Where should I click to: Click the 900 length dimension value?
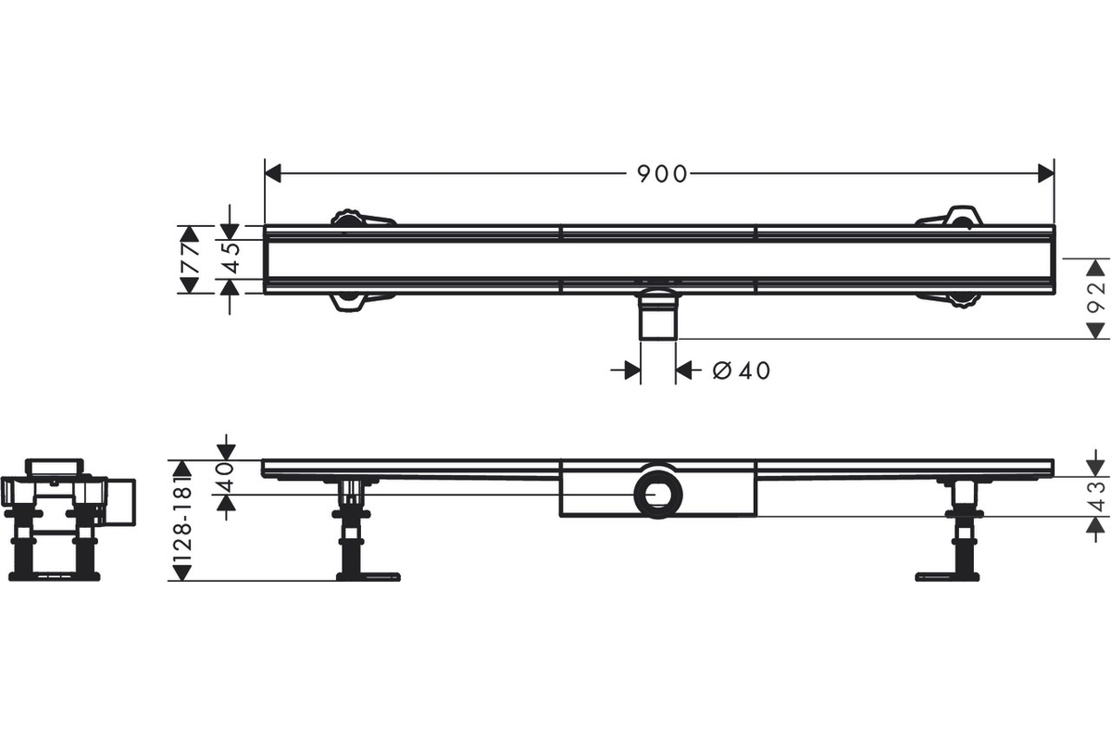click(x=662, y=174)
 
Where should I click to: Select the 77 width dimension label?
click(x=191, y=258)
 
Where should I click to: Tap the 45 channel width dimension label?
click(x=231, y=258)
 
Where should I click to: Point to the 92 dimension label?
click(x=1095, y=298)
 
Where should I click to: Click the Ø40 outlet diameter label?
click(x=742, y=370)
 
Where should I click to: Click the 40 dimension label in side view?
click(x=226, y=477)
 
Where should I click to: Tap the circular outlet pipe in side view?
click(x=658, y=495)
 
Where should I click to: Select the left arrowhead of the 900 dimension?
click(x=273, y=174)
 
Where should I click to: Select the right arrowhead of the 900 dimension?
click(x=1046, y=174)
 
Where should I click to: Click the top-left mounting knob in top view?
click(x=347, y=218)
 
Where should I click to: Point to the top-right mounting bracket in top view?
click(x=950, y=217)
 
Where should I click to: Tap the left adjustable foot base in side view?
click(x=368, y=576)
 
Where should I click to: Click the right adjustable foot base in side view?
click(x=947, y=576)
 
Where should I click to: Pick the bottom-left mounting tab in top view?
click(x=363, y=302)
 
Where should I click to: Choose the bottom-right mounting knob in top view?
click(x=963, y=301)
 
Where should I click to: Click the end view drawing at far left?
click(x=68, y=520)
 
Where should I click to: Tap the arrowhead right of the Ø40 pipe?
click(x=684, y=370)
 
